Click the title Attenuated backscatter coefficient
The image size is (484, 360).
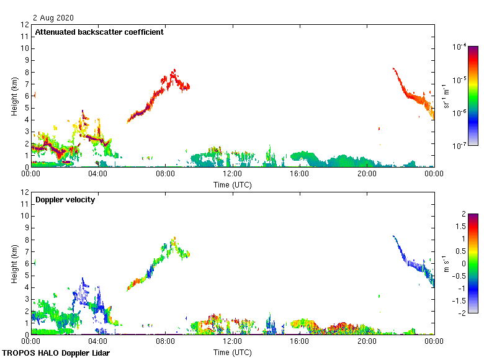[99, 32]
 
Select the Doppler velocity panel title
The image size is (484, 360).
[65, 200]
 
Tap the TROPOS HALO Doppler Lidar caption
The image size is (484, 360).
[60, 353]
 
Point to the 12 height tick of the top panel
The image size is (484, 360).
[25, 25]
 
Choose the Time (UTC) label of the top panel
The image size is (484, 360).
[233, 184]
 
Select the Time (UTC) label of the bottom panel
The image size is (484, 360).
[233, 352]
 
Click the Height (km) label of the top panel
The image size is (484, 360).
[13, 96]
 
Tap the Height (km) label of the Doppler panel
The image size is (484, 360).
[13, 264]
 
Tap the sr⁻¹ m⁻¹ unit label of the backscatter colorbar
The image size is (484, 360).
[447, 96]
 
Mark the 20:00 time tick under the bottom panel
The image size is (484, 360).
[367, 341]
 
